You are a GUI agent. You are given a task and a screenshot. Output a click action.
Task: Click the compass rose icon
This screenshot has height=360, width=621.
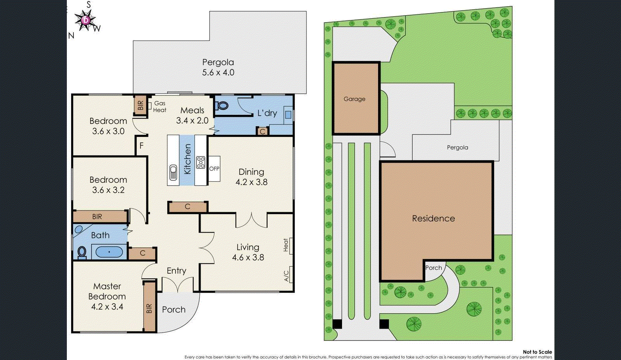point(86,20)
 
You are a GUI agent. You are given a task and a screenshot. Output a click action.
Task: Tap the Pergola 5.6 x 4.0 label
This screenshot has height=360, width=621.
point(218,67)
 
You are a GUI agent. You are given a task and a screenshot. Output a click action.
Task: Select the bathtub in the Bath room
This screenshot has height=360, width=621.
point(109,252)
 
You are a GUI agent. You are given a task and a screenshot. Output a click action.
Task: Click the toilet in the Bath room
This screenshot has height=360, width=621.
point(82,252)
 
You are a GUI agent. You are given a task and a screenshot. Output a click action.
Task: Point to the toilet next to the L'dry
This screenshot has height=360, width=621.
point(222,105)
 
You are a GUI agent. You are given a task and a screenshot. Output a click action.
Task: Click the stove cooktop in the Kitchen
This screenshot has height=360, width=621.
point(201,162)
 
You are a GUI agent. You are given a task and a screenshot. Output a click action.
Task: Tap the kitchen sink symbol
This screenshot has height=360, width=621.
point(173,172)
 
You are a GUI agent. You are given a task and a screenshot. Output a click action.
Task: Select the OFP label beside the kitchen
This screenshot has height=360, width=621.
point(214,169)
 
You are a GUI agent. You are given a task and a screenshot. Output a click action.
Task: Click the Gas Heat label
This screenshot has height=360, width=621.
point(160,106)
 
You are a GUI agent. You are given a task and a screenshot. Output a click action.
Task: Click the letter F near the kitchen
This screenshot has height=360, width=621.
point(142,146)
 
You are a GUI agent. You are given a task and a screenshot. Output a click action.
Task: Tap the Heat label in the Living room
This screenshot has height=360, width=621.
point(286,245)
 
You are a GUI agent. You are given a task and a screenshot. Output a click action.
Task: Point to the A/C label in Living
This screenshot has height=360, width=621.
point(286,276)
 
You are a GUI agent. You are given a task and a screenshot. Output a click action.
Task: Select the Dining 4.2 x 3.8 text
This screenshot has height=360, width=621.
point(252,177)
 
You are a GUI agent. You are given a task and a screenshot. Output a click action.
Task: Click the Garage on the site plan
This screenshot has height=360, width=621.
point(355,99)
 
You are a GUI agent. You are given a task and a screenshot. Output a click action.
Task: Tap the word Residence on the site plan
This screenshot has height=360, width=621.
point(434,218)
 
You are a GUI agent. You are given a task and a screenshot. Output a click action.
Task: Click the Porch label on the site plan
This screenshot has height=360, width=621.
point(434,268)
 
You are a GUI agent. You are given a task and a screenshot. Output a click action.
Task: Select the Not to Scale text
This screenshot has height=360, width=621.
point(537,352)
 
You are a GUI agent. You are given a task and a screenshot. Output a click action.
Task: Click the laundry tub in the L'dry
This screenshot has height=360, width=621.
point(288,115)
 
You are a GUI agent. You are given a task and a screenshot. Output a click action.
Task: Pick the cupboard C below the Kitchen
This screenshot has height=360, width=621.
point(187,207)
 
